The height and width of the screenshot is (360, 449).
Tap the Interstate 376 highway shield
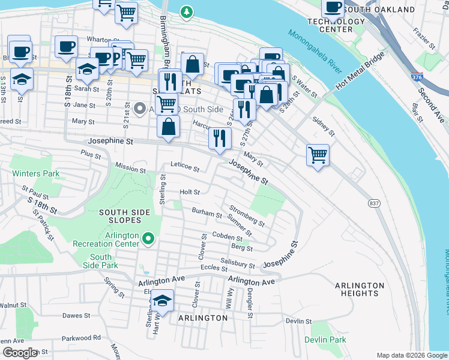click(416, 78)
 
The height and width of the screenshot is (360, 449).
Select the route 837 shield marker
click(374, 204)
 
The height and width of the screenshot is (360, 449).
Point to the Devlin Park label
click(329, 340)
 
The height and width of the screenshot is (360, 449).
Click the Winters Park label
click(35, 174)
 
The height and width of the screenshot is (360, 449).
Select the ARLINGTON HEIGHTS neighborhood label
click(360, 289)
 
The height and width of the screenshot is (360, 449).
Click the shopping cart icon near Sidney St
click(318, 155)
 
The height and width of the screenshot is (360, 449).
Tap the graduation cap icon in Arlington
click(162, 299)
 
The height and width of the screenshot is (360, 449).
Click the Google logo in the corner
click(19, 353)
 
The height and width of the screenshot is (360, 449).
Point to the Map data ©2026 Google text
click(411, 355)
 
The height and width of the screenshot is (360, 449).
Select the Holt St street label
click(190, 192)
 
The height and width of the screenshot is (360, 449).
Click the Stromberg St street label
click(246, 216)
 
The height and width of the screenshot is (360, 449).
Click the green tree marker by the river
click(187, 11)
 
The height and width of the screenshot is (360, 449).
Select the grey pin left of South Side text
click(140, 109)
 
